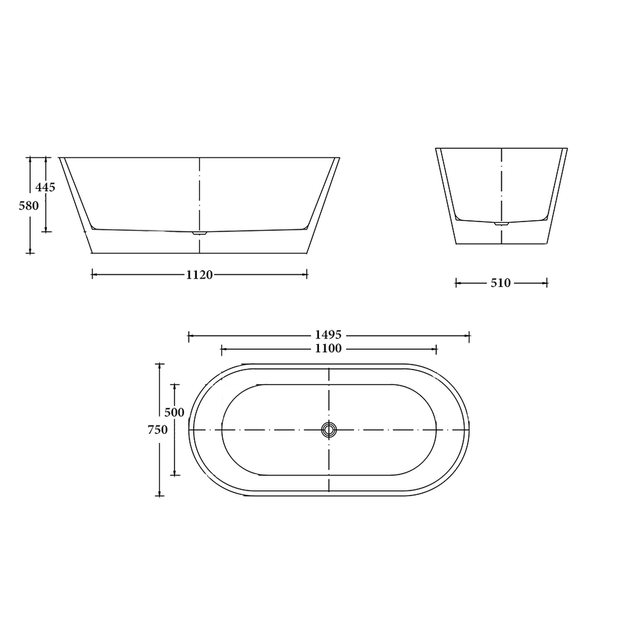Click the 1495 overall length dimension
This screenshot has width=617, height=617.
(x=329, y=335)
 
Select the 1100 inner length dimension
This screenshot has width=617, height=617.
(x=329, y=349)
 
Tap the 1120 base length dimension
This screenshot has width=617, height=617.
(x=199, y=275)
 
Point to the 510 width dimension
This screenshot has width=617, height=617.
(x=501, y=283)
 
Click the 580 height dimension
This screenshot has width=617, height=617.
(x=29, y=205)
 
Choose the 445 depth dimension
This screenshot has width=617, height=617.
(x=45, y=187)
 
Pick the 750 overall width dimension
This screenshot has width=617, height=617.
(x=158, y=429)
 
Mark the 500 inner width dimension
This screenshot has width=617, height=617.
(x=174, y=412)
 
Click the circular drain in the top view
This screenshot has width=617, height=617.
(x=329, y=429)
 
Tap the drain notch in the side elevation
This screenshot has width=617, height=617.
(x=199, y=232)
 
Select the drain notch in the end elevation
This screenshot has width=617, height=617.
(x=501, y=223)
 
